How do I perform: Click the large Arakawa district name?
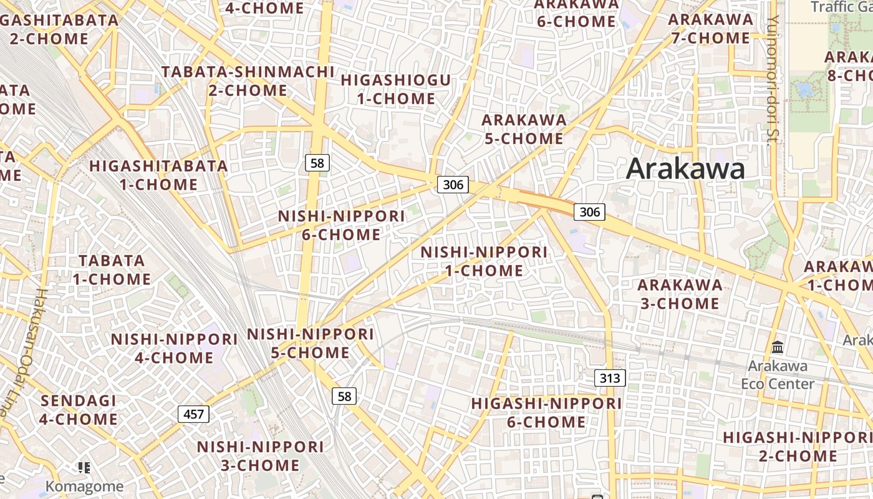click(x=685, y=168)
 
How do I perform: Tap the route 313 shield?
click(x=610, y=377)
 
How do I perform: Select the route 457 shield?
click(x=193, y=414)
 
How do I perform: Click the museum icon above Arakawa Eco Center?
click(x=778, y=347)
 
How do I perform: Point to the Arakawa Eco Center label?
click(x=778, y=374)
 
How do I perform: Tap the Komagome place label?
click(x=85, y=485)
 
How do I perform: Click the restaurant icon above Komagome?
click(x=85, y=467)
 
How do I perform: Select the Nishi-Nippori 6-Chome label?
click(x=341, y=225)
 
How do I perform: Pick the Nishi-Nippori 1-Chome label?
click(x=484, y=261)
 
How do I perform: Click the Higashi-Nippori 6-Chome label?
click(x=546, y=413)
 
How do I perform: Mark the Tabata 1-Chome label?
click(x=112, y=269)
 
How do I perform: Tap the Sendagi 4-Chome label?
click(x=79, y=410)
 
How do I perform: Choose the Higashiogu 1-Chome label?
click(x=396, y=89)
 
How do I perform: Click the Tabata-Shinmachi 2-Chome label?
click(x=248, y=80)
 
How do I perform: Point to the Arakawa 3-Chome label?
click(x=680, y=294)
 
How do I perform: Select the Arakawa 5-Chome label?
click(x=524, y=128)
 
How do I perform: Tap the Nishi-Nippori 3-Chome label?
click(x=261, y=456)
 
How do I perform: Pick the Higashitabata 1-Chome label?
click(x=159, y=175)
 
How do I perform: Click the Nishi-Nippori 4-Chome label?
click(x=175, y=348)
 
